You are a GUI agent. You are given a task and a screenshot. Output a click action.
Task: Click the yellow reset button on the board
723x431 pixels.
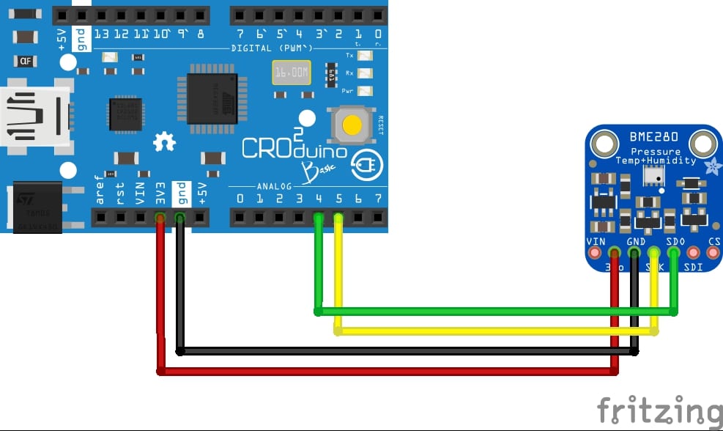[352, 125]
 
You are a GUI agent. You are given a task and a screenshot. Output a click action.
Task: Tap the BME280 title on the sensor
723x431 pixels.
[653, 137]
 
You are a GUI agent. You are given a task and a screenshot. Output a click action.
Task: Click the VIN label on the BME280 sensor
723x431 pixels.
[596, 241]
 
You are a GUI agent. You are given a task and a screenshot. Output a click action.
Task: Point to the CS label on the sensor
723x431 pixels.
[714, 241]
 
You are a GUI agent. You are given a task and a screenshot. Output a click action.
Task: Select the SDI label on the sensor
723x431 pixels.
[693, 267]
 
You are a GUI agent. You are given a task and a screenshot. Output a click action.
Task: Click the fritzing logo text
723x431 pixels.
[659, 410]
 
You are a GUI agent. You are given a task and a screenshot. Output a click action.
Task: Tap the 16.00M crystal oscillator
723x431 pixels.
[291, 73]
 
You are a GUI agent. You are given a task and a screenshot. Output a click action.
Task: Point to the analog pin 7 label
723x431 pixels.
[378, 198]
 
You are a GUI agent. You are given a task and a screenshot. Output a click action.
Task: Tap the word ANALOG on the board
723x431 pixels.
[274, 186]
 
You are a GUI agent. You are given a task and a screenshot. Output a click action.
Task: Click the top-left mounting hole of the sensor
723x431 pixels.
[606, 141]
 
